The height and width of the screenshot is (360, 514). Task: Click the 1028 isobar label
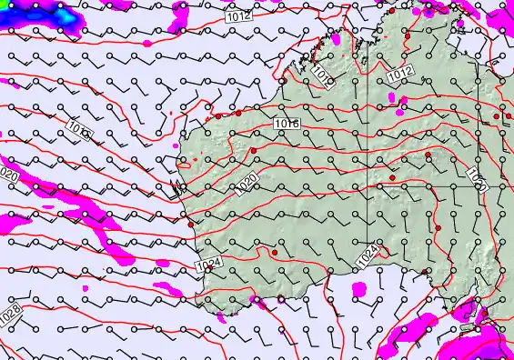(10, 314)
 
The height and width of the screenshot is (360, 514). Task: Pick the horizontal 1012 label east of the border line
(400, 76)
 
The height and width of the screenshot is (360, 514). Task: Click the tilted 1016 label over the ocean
(79, 131)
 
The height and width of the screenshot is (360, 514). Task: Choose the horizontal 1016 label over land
(287, 124)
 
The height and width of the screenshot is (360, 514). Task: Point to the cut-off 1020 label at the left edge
(8, 175)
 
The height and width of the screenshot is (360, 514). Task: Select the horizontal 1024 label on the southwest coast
(207, 264)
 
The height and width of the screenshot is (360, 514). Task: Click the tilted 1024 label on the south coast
(367, 258)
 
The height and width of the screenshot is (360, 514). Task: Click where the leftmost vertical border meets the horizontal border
(369, 185)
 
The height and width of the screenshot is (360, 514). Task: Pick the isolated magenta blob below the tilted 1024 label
(358, 289)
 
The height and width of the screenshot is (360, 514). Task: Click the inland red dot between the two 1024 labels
(275, 252)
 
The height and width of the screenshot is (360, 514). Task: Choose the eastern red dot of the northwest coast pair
(237, 115)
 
